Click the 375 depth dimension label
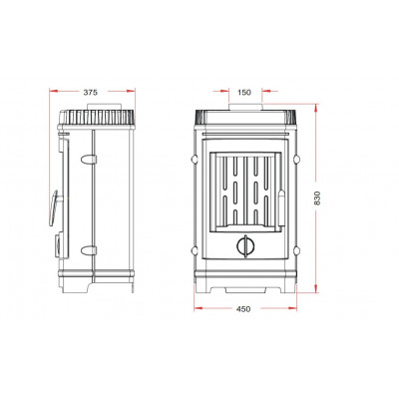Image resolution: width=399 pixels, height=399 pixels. pos(91,93)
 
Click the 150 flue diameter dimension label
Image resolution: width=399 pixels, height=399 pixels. pos(244,93)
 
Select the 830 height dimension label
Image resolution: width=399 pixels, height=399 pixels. pos(317,198)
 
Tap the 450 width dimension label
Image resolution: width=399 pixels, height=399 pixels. pos(243,309)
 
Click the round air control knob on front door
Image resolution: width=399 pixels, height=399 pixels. pos(245,246)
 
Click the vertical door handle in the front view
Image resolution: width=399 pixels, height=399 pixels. pos(281,207)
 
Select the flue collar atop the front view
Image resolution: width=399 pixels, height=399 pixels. pos(245,107)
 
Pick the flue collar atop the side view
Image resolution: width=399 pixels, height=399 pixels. pos(104,107)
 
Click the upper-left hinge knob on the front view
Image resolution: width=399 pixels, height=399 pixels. pos(195,160)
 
